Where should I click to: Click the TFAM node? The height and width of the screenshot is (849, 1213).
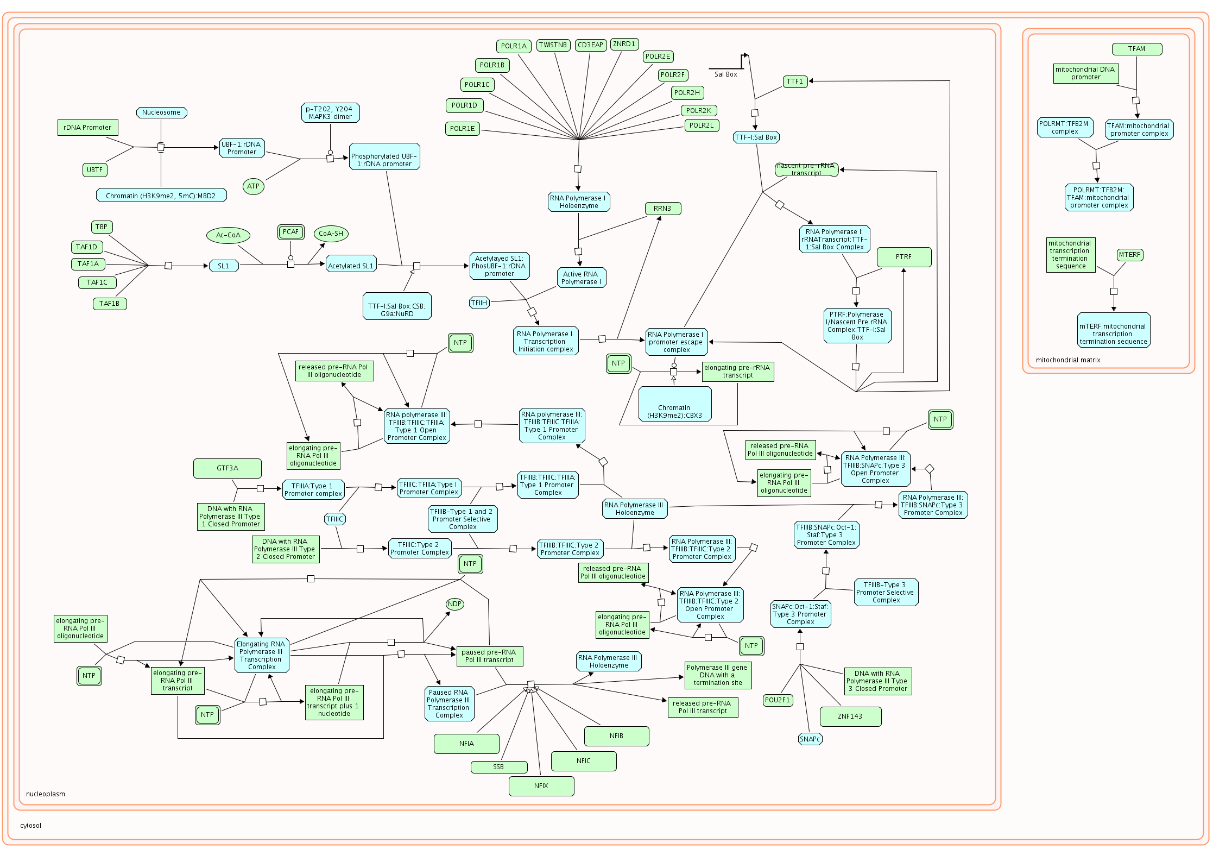[x=1136, y=49]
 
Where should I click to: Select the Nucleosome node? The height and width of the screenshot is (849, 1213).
[x=161, y=112]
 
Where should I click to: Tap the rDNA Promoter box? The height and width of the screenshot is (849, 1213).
[x=87, y=128]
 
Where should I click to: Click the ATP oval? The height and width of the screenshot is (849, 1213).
[x=253, y=186]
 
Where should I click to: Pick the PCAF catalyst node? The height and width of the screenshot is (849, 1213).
[x=290, y=232]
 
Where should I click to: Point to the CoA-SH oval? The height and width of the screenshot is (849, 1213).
[x=331, y=234]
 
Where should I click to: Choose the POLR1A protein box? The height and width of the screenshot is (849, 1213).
[x=514, y=46]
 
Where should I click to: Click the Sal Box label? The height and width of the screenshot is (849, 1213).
[x=725, y=74]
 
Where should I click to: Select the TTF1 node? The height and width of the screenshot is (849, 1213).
[x=794, y=81]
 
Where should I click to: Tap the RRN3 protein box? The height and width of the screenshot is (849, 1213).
[x=662, y=209]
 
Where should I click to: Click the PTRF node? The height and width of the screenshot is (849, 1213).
[x=904, y=257]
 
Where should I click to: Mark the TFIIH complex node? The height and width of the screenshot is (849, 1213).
[x=479, y=303]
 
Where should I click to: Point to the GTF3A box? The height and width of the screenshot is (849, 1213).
[x=227, y=468]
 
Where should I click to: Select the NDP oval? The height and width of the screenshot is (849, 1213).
[x=454, y=604]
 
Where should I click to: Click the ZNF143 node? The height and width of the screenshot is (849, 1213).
[x=850, y=716]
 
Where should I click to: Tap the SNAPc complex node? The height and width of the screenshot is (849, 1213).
[x=810, y=739]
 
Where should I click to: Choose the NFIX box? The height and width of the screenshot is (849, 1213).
[x=541, y=786]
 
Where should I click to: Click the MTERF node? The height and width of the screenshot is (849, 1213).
[x=1129, y=255]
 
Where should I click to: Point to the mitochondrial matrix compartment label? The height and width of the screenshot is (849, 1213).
[x=1067, y=360]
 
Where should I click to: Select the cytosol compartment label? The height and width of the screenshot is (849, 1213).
[x=31, y=826]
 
